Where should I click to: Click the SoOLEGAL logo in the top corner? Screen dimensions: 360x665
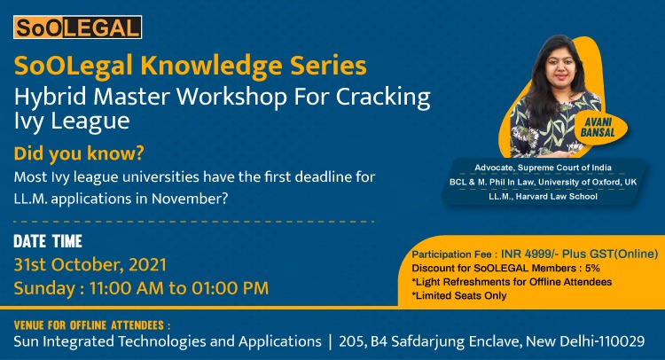click(78, 27)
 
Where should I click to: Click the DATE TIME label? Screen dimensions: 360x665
click(48, 240)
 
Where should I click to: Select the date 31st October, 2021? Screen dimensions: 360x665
click(90, 264)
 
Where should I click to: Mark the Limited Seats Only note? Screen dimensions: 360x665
click(459, 295)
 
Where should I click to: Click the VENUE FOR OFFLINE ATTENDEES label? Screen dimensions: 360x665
click(92, 325)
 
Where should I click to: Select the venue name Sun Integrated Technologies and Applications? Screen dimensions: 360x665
click(168, 341)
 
